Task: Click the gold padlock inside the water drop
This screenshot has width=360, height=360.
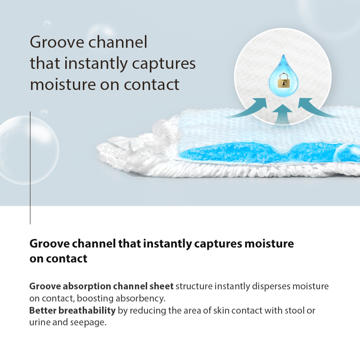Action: click(283, 81)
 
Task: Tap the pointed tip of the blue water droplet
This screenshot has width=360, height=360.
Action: click(283, 55)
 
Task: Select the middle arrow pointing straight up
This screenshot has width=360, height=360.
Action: click(283, 114)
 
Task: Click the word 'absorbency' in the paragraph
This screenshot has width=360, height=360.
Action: click(140, 298)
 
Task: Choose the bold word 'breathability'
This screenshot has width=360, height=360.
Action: click(87, 310)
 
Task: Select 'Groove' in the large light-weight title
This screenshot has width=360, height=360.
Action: click(57, 42)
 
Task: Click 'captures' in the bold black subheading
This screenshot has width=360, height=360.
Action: click(218, 244)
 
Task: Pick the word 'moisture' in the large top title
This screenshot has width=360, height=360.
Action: click(63, 85)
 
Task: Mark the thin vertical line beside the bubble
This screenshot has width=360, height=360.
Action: click(30, 168)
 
